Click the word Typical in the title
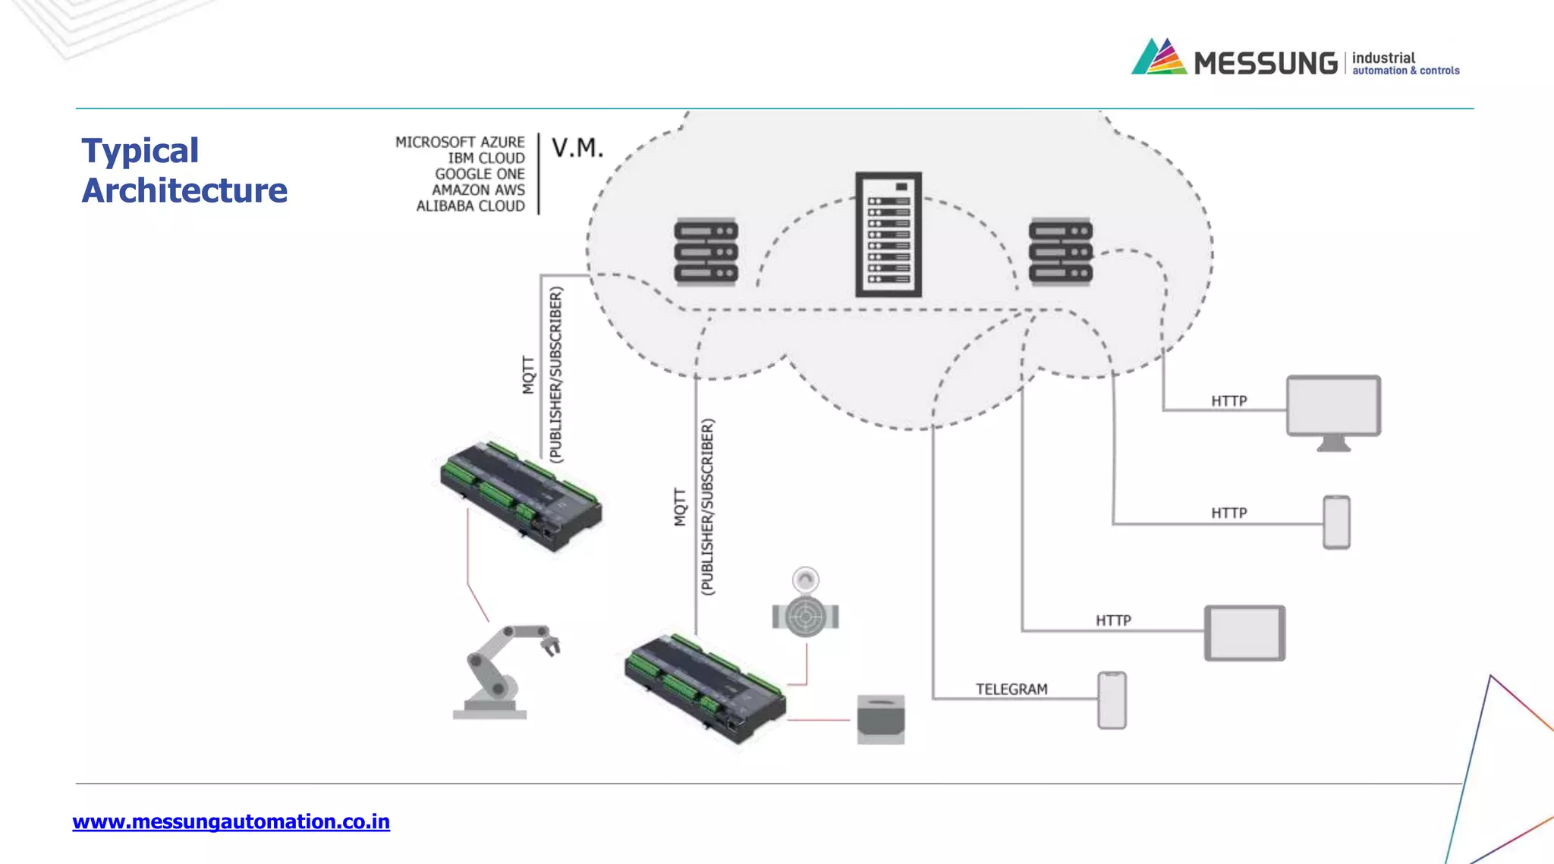140,151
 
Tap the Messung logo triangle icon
1159,57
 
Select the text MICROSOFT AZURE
460,142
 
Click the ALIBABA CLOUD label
470,206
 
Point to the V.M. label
577,148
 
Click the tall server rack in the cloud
889,234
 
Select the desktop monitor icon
1333,410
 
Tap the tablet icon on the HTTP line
1244,633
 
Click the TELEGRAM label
1011,689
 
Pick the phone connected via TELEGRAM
1112,699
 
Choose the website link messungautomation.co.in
231,822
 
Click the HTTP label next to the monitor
1228,401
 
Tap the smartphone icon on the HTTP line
1336,522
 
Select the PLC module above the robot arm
521,494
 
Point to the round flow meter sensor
805,611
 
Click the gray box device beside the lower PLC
880,719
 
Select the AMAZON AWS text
478,190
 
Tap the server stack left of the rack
706,251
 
